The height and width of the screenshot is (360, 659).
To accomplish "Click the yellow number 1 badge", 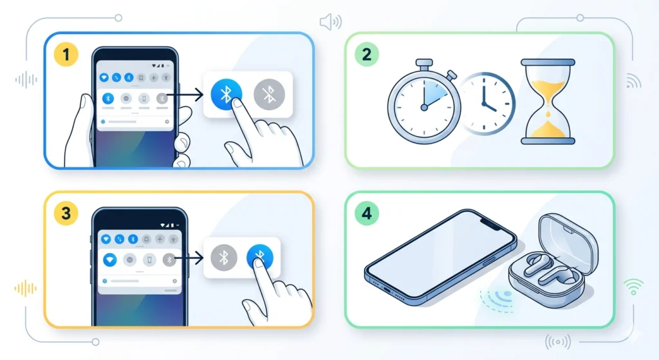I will pyautogui.click(x=66, y=55).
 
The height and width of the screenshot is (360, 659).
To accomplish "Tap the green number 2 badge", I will pyautogui.click(x=366, y=54).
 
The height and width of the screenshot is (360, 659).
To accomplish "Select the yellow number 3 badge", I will pyautogui.click(x=66, y=212).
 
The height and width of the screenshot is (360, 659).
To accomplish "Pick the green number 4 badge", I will pyautogui.click(x=366, y=213).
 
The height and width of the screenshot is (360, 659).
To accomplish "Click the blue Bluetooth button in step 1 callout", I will pyautogui.click(x=226, y=94).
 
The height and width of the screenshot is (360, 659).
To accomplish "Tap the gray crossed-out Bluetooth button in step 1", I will pyautogui.click(x=269, y=94).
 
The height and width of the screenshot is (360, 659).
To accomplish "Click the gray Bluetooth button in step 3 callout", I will pyautogui.click(x=223, y=258).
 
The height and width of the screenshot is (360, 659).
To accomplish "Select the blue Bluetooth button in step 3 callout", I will pyautogui.click(x=260, y=258).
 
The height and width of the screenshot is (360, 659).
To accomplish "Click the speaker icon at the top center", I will pyautogui.click(x=330, y=23).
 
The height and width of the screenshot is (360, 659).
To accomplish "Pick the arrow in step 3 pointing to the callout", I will pyautogui.click(x=191, y=259).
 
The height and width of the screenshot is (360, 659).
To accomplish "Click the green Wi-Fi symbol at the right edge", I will pyautogui.click(x=633, y=286).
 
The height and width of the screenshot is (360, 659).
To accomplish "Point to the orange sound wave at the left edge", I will pyautogui.click(x=26, y=288).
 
